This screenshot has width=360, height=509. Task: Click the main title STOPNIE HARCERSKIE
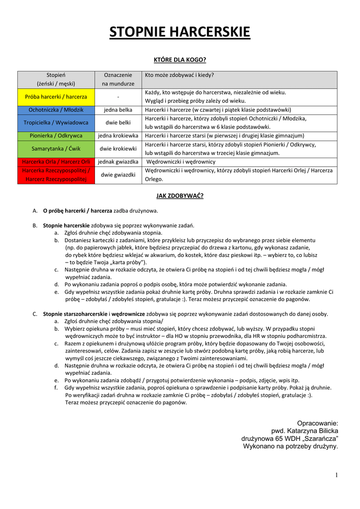(x=180, y=33)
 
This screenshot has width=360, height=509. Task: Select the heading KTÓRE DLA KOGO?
(x=180, y=60)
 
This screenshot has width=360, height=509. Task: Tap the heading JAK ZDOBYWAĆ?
(x=180, y=196)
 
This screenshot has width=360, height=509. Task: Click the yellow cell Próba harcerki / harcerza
(x=56, y=96)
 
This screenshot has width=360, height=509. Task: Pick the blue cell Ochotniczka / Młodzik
(x=56, y=109)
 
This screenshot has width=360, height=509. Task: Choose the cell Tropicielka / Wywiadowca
(x=56, y=122)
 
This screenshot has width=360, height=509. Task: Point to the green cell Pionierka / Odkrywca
(x=56, y=135)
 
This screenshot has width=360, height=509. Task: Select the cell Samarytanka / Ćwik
(x=56, y=148)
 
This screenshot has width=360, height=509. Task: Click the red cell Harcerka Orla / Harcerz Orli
(x=56, y=162)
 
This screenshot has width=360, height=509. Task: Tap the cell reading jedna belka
(x=118, y=109)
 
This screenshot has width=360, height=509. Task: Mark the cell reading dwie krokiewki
(x=118, y=148)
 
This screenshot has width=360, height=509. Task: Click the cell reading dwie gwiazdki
(x=118, y=174)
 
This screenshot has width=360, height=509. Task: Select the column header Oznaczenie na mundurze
(x=118, y=80)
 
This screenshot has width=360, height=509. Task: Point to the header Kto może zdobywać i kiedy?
(x=180, y=75)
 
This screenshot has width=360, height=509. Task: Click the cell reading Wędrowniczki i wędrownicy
(x=181, y=162)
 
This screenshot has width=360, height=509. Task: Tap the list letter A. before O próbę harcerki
(x=35, y=211)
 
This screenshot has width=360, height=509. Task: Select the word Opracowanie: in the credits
(x=317, y=423)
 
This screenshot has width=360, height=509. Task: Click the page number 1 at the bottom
(x=336, y=476)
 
